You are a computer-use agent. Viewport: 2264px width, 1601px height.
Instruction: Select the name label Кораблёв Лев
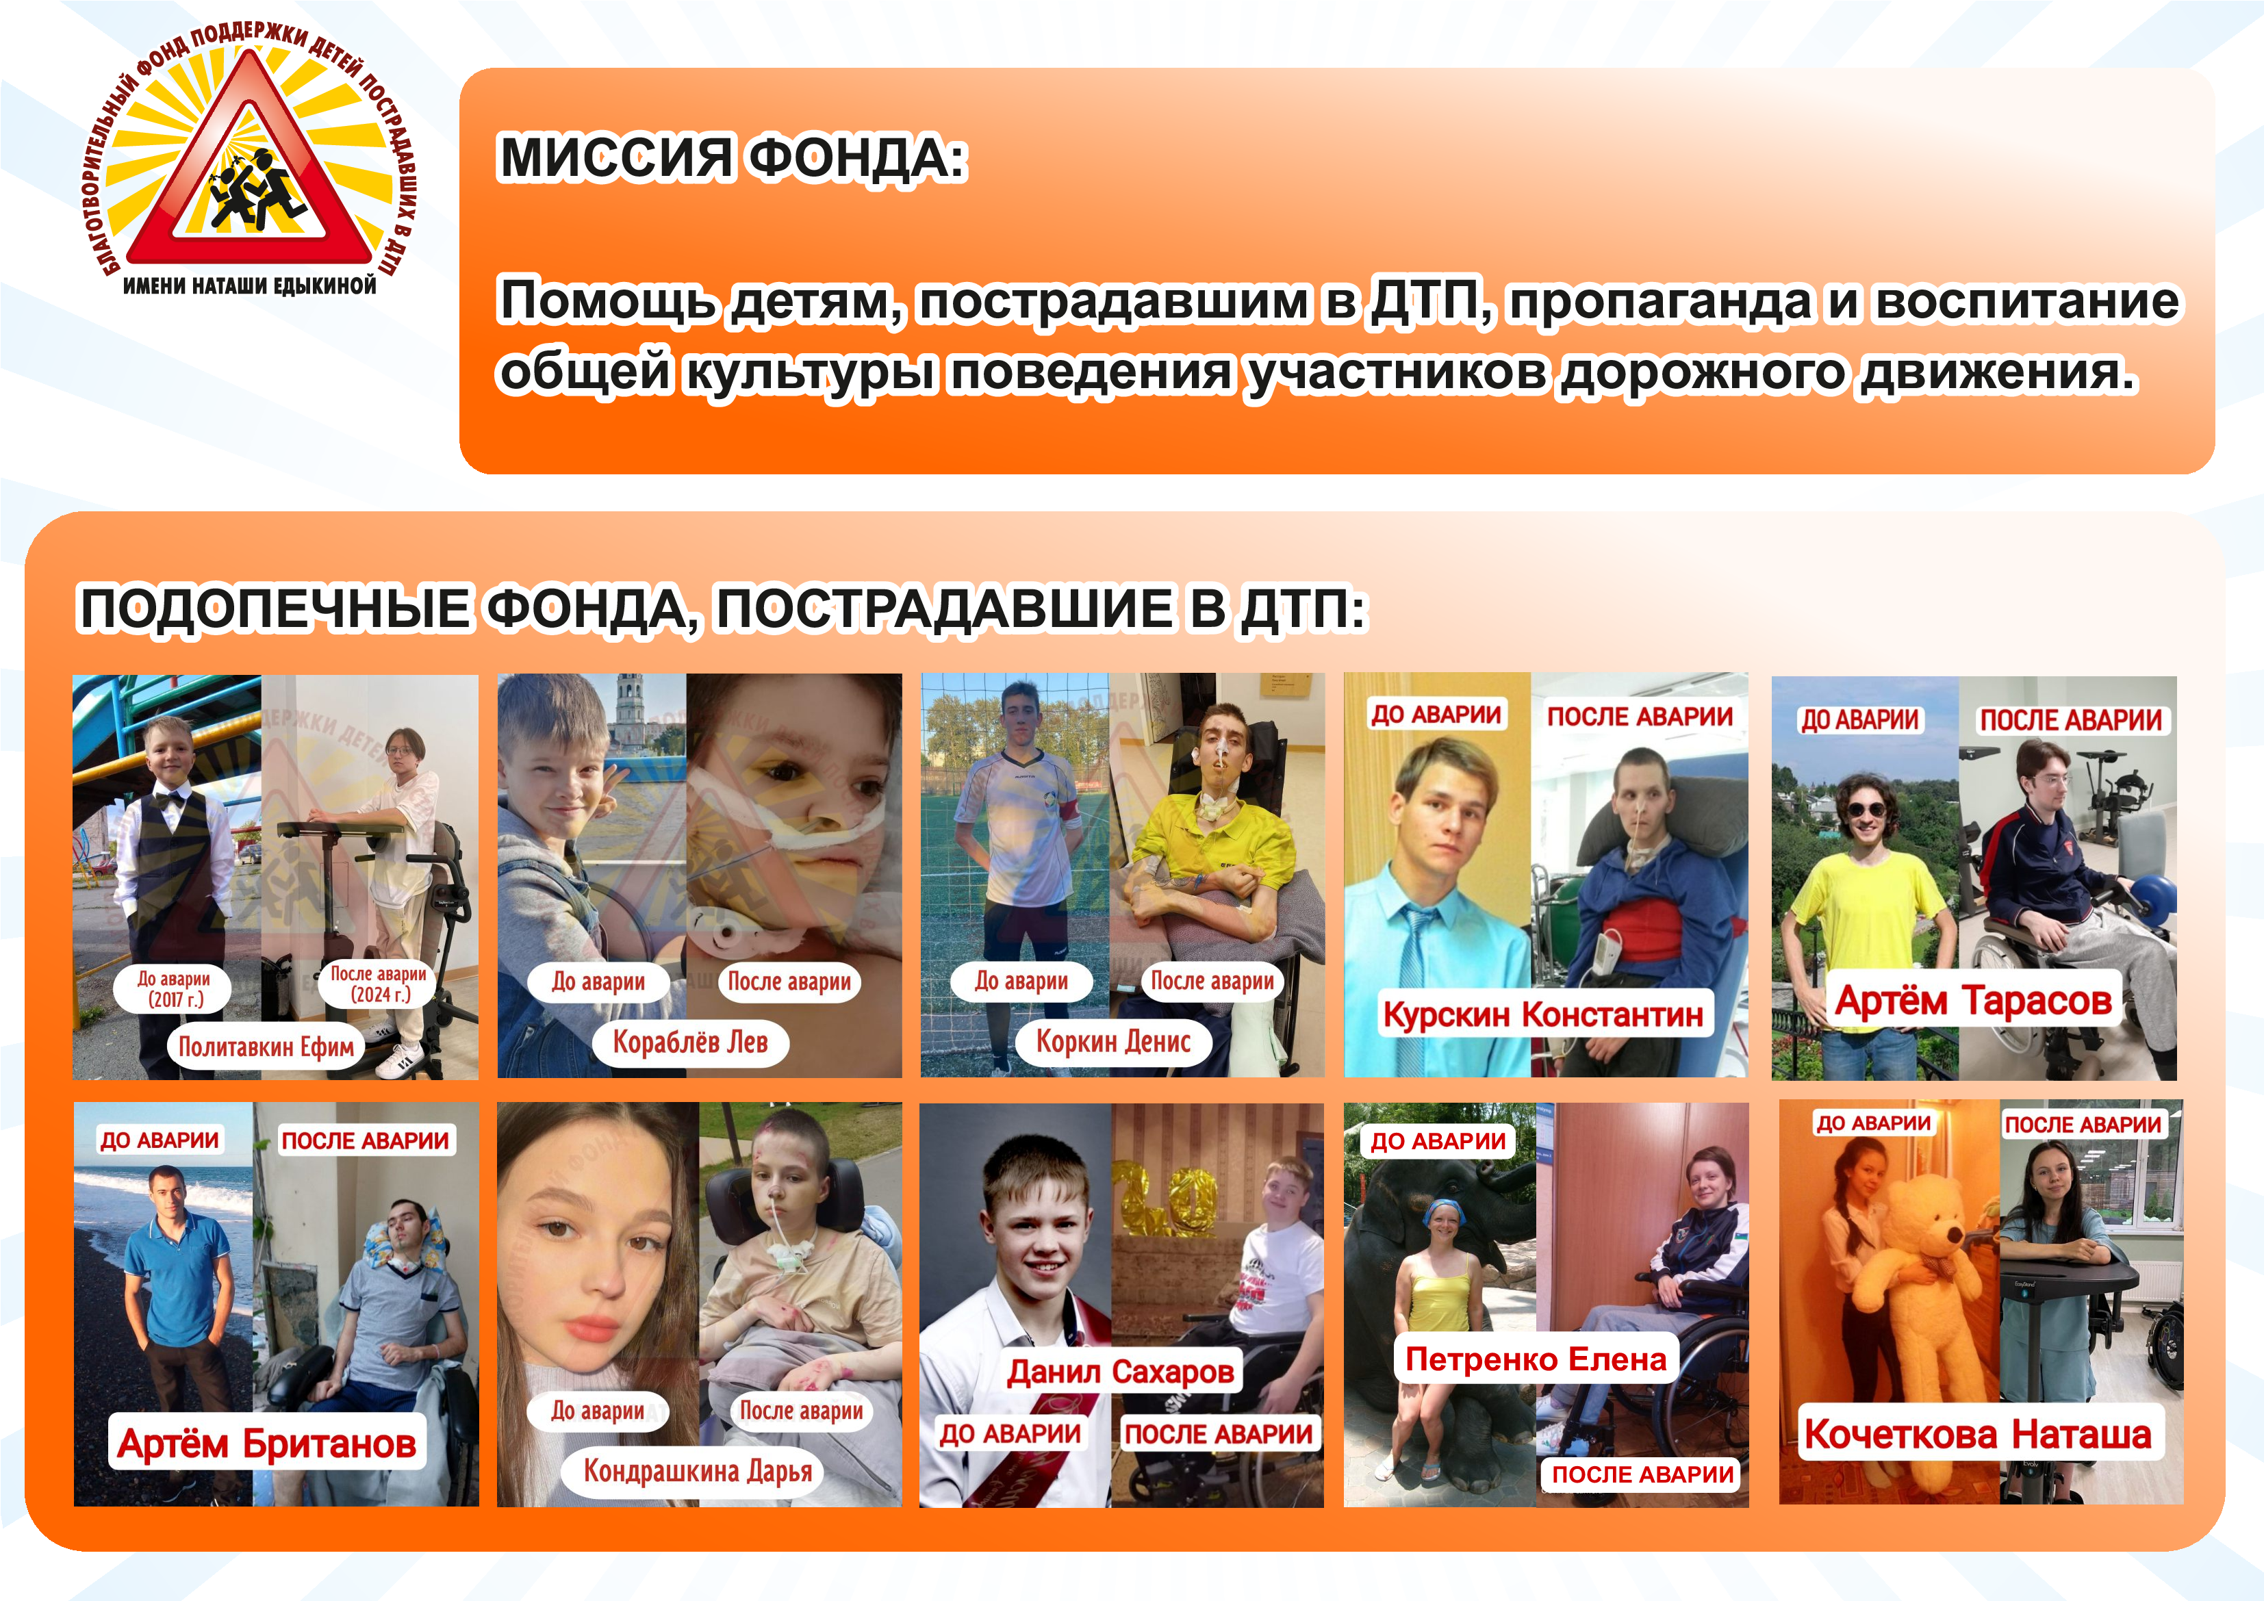point(690,1042)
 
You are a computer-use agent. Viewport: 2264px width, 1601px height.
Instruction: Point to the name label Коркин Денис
point(1113,1041)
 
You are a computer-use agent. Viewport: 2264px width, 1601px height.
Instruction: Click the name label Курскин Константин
point(1544,1014)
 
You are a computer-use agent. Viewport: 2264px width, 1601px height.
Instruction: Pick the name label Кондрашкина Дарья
point(698,1471)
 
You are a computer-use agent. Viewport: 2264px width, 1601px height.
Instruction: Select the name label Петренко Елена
point(1536,1359)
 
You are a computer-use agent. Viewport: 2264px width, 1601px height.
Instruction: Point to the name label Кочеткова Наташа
point(1978,1433)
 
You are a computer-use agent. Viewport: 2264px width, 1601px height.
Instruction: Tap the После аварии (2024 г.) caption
point(379,984)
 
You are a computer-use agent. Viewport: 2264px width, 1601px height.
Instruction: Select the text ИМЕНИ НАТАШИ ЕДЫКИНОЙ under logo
point(249,286)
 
